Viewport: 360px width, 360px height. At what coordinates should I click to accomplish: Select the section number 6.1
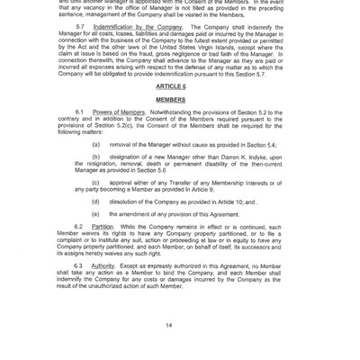(x=80, y=111)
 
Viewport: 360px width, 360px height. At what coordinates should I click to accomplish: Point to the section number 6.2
(x=80, y=226)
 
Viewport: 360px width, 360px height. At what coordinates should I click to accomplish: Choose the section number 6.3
(x=80, y=265)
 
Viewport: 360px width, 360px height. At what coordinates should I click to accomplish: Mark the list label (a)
(x=95, y=143)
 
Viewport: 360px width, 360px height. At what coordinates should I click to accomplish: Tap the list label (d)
(x=95, y=201)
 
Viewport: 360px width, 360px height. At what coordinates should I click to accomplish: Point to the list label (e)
(x=95, y=214)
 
